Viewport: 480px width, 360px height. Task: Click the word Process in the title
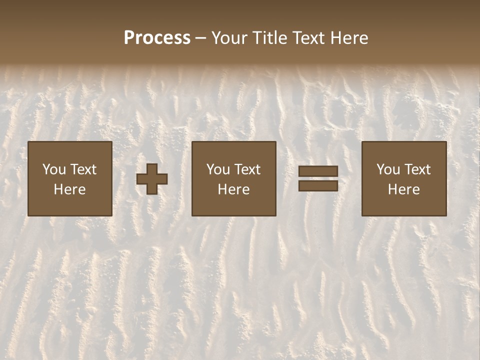[x=157, y=38]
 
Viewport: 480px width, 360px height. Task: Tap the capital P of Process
[x=129, y=38]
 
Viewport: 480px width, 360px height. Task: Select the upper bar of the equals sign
[x=318, y=171]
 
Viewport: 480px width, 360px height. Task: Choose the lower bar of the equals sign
[x=318, y=185]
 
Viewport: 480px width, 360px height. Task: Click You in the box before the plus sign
[x=54, y=169]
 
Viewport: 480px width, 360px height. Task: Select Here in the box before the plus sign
[x=69, y=189]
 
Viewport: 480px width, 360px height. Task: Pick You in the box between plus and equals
[x=218, y=169]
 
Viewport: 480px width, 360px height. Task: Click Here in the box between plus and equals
[x=233, y=189]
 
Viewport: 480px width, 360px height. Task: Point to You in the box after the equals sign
[x=388, y=169]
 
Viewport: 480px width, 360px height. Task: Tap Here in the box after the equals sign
[x=403, y=189]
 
